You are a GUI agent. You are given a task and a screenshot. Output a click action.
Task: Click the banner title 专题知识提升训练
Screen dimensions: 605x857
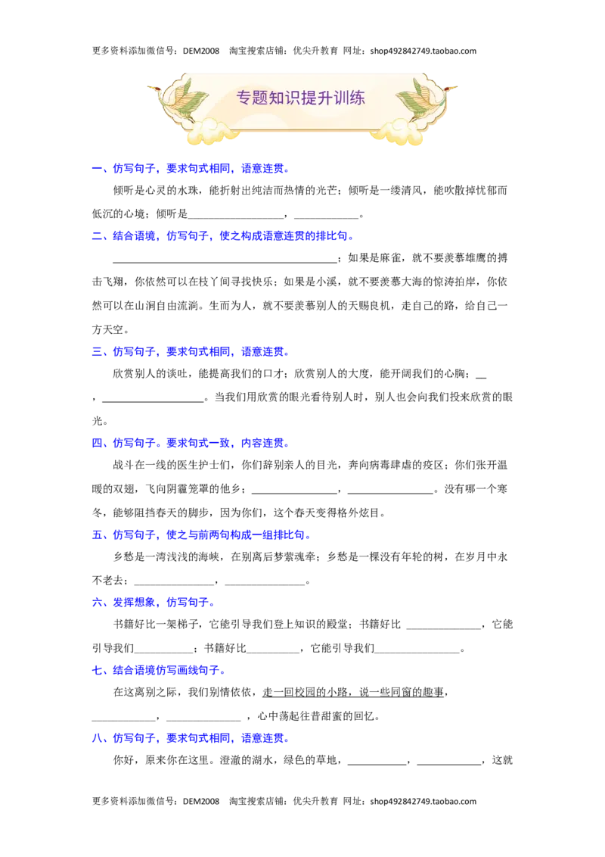(300, 98)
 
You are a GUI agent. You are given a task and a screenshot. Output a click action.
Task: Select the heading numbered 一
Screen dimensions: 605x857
(191, 168)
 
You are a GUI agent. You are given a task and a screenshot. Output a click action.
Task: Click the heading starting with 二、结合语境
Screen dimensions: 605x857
(223, 236)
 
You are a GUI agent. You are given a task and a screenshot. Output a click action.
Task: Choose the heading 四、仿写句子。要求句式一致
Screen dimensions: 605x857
(191, 443)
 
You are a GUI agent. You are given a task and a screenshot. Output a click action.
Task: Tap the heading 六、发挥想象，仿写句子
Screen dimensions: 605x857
(154, 603)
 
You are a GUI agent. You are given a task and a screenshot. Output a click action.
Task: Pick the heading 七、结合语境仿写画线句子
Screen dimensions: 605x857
(159, 670)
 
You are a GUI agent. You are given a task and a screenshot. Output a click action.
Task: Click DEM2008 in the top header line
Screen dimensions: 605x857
(201, 51)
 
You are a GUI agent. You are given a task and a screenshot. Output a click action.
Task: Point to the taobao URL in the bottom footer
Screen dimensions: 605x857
(423, 801)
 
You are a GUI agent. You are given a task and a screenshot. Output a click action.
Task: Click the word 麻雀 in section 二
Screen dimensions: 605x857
(390, 258)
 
